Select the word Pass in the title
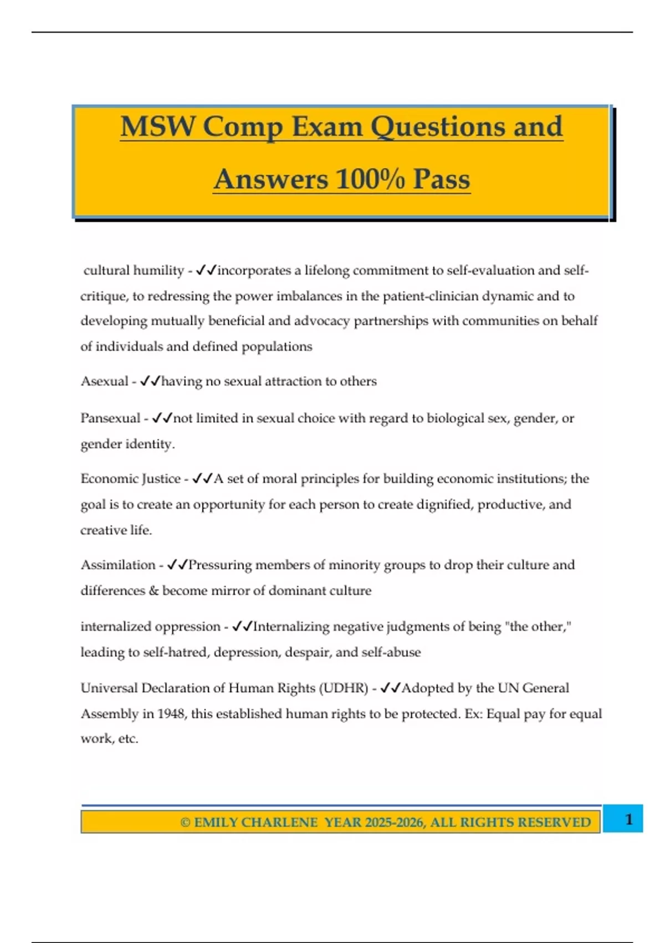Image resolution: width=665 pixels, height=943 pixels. tap(441, 179)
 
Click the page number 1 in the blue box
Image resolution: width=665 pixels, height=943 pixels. tap(628, 819)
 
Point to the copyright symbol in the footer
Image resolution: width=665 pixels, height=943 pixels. tap(185, 822)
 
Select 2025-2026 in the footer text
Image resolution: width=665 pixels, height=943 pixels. tap(395, 822)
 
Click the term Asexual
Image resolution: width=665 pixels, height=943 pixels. tap(104, 381)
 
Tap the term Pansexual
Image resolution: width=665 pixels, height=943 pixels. tap(110, 418)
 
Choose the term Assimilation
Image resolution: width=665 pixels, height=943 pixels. tap(118, 565)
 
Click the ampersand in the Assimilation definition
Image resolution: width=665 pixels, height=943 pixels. tap(154, 590)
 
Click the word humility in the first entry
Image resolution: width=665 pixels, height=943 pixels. tap(158, 270)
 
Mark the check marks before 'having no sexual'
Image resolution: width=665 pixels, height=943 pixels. tap(150, 381)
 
